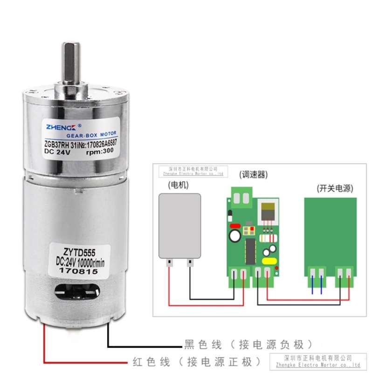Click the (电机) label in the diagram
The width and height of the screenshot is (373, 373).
(x=178, y=185)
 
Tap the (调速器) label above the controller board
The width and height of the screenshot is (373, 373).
(x=254, y=174)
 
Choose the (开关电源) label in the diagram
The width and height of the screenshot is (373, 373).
(x=334, y=188)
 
